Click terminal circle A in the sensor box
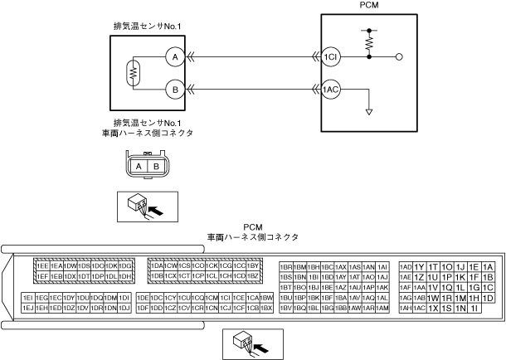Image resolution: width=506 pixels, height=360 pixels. (174, 56)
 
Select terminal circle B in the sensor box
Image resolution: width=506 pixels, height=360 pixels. (174, 88)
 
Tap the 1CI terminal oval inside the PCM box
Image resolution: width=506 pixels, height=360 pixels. (332, 56)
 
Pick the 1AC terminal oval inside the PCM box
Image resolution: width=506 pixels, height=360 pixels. (332, 88)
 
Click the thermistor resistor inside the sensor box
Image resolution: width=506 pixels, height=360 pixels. (130, 72)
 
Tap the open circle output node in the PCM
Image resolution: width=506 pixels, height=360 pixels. (401, 57)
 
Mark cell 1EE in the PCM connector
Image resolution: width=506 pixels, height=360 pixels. (41, 265)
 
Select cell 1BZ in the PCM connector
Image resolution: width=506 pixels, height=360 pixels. (254, 275)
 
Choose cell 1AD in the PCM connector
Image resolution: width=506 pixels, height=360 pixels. (406, 265)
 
